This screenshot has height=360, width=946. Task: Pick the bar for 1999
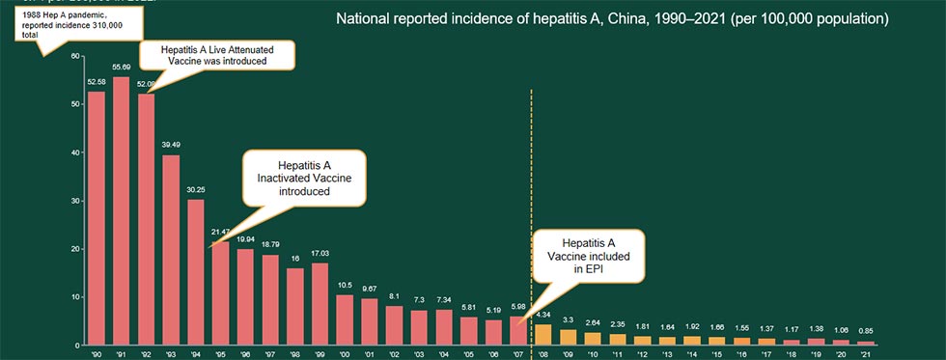320,303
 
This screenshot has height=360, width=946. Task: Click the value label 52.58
97,82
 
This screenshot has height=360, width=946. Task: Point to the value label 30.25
196,190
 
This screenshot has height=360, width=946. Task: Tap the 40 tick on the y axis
75,152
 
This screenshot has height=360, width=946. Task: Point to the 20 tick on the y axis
75,249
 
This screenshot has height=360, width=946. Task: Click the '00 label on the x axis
345,353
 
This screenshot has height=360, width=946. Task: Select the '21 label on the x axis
865,353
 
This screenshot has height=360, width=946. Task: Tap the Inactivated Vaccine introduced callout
304,178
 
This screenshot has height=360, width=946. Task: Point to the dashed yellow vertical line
531,193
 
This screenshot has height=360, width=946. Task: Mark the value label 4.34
543,316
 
